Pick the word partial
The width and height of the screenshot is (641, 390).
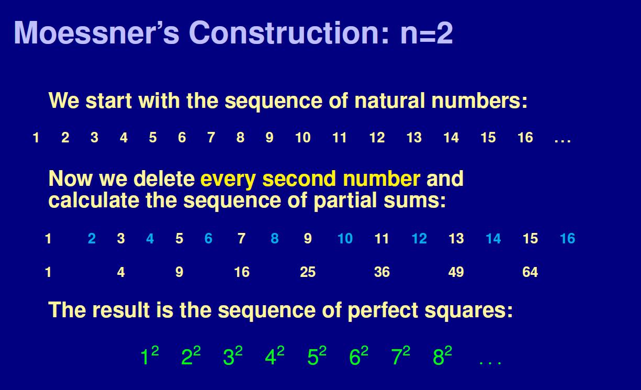(348, 200)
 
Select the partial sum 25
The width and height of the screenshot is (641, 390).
(308, 272)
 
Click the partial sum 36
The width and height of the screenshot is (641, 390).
(382, 272)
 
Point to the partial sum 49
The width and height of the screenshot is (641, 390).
(456, 272)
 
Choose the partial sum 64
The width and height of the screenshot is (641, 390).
(530, 272)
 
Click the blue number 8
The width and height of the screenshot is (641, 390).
(275, 239)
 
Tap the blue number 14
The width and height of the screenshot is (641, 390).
(493, 239)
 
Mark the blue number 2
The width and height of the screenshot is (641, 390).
(92, 239)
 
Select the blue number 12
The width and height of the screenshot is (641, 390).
(419, 239)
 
